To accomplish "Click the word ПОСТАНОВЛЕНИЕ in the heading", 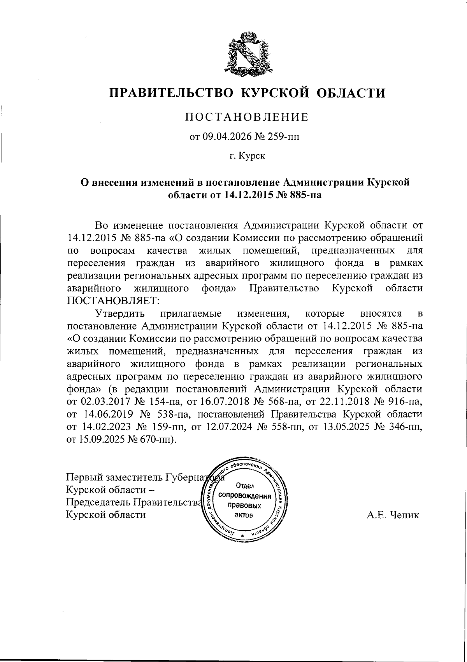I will coord(247,117).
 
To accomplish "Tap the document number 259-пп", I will coord(284,137).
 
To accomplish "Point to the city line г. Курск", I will coord(247,156).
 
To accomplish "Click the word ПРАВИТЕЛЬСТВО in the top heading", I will coord(170,93).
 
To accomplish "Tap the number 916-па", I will coord(406,402).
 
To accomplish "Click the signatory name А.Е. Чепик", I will coord(393,516).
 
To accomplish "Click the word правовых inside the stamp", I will coord(244,505).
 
